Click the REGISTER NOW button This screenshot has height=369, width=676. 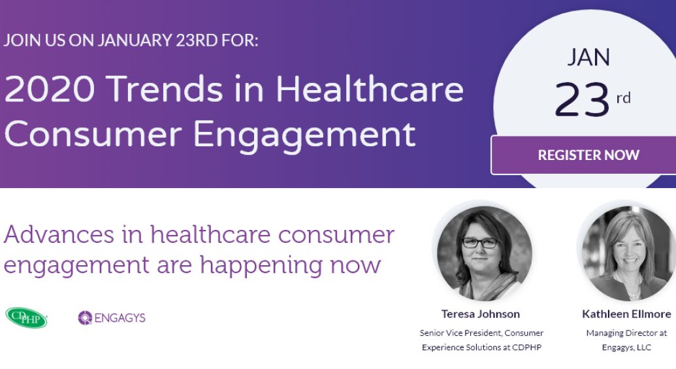(584, 155)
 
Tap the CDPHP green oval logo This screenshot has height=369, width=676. (26, 317)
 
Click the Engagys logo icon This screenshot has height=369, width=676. (85, 317)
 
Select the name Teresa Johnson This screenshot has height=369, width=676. (480, 314)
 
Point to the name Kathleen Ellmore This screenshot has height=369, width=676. (626, 314)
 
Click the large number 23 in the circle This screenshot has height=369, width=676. (581, 99)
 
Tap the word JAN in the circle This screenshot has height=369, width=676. (588, 57)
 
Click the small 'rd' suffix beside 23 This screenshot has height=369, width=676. (623, 98)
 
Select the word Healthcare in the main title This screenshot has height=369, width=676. (370, 89)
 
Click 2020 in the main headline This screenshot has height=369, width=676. (50, 89)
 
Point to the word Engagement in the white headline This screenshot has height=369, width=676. (304, 135)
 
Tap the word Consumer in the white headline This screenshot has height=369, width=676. (93, 135)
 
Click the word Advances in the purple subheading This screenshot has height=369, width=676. (59, 234)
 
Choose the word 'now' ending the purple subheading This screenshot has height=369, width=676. (356, 265)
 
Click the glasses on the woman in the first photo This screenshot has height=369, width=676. (480, 243)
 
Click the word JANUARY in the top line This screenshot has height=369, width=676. (135, 40)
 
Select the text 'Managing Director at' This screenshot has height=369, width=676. (626, 333)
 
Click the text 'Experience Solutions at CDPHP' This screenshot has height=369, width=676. (481, 347)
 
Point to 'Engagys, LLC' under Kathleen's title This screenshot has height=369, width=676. (626, 347)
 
